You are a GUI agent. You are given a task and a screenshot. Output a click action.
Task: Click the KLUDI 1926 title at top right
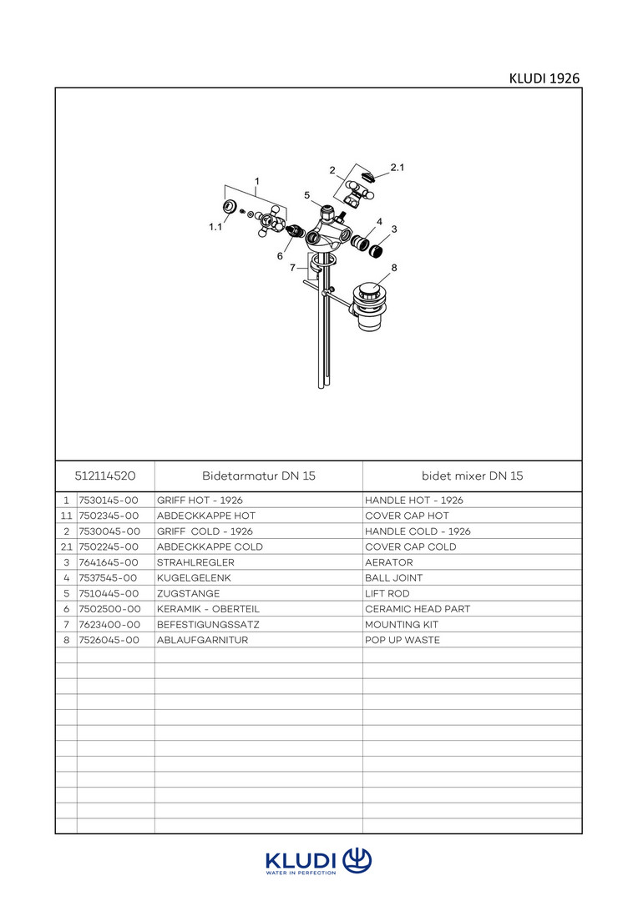click(x=544, y=78)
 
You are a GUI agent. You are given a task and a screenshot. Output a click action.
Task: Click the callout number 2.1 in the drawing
click(x=397, y=168)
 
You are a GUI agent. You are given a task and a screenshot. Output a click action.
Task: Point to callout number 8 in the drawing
click(x=394, y=267)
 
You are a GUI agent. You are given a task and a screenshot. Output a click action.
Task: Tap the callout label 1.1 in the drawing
click(x=215, y=227)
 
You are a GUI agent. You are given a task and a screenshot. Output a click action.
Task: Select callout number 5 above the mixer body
click(x=306, y=195)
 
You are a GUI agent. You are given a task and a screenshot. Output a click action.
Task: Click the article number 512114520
click(x=105, y=476)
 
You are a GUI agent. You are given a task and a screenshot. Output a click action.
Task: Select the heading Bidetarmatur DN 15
click(x=259, y=476)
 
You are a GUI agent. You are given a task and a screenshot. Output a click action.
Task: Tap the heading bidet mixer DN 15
click(x=473, y=476)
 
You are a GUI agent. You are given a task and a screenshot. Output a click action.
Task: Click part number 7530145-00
click(x=108, y=501)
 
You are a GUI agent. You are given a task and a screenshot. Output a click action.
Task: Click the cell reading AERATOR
click(x=388, y=562)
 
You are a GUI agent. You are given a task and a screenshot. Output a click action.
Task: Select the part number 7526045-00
click(x=108, y=640)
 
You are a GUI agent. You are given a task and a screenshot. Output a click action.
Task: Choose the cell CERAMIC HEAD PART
click(x=417, y=609)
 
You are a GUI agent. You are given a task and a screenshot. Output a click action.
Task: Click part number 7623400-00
click(x=108, y=624)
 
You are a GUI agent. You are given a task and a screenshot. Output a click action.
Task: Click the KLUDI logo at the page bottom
click(x=318, y=861)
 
